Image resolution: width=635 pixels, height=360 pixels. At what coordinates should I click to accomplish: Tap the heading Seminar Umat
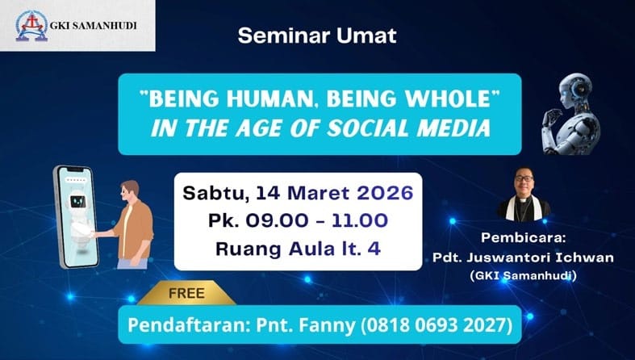click(x=317, y=36)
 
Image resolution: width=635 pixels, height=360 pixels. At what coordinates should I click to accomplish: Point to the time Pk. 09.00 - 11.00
click(x=297, y=220)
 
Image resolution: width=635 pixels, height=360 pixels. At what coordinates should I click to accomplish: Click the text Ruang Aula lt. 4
click(x=297, y=248)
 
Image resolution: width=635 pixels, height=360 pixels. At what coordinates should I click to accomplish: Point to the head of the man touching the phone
click(x=130, y=192)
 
